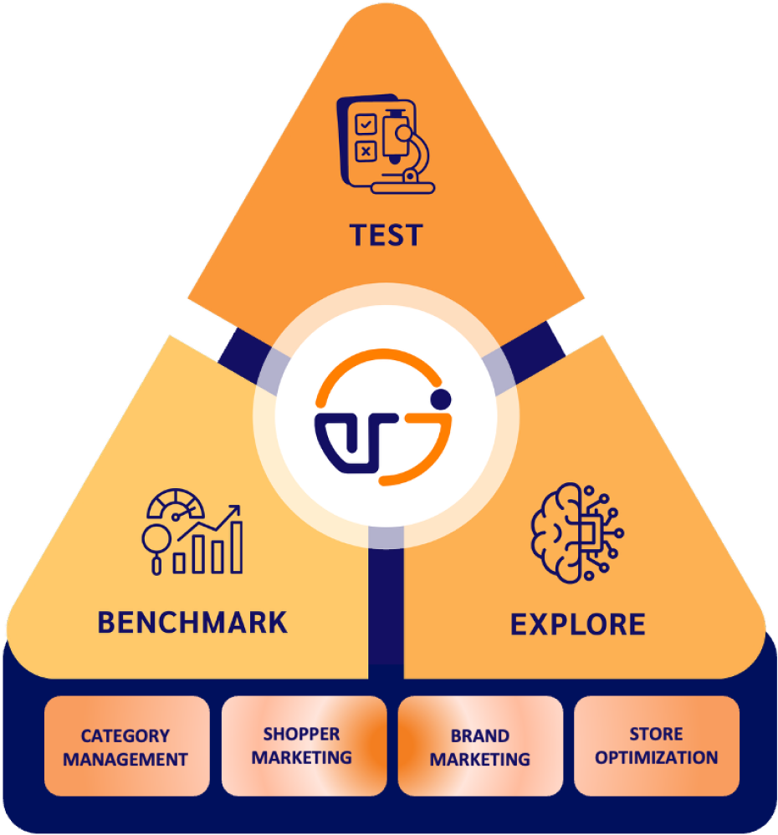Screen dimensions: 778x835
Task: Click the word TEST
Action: click(x=386, y=236)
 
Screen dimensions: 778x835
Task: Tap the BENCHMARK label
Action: click(x=192, y=623)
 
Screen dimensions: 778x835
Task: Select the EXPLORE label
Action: click(x=578, y=624)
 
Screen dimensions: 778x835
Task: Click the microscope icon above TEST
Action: click(x=386, y=144)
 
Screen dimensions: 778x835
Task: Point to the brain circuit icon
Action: click(x=577, y=533)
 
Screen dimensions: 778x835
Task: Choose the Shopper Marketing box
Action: click(x=304, y=746)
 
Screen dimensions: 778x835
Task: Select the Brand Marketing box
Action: click(x=480, y=746)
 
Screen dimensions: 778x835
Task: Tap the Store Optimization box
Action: click(x=657, y=746)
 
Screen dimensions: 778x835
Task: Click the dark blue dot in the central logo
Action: click(x=441, y=399)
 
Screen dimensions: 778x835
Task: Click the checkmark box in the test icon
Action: click(x=366, y=125)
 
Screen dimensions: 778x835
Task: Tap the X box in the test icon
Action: click(x=366, y=151)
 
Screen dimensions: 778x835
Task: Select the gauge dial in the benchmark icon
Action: click(x=176, y=503)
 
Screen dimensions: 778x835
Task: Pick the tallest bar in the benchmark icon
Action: click(x=236, y=547)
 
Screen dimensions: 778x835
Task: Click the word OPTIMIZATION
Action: click(x=657, y=757)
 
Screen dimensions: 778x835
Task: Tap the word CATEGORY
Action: click(x=125, y=736)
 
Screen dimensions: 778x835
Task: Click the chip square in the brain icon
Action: click(x=588, y=533)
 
